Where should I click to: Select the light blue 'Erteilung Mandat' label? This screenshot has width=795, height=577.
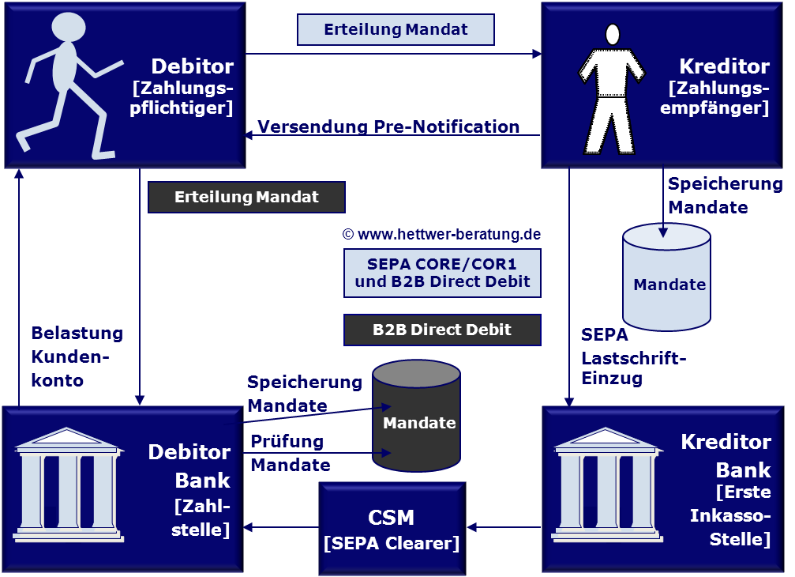[396, 30]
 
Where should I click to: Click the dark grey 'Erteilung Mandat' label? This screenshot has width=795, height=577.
[246, 197]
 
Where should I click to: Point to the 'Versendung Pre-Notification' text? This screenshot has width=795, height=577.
[388, 126]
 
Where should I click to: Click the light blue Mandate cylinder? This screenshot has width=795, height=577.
[666, 277]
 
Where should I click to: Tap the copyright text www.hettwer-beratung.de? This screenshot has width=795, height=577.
[441, 235]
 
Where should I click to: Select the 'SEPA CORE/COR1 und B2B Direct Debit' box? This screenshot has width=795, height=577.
[442, 273]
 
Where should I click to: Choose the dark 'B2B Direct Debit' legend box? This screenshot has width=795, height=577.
[442, 330]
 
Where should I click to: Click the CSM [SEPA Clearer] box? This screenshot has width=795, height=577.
[392, 529]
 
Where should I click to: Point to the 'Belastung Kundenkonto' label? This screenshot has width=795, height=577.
[77, 356]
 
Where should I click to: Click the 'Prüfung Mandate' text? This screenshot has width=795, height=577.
[290, 452]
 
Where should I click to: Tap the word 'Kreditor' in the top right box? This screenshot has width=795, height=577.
[724, 66]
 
